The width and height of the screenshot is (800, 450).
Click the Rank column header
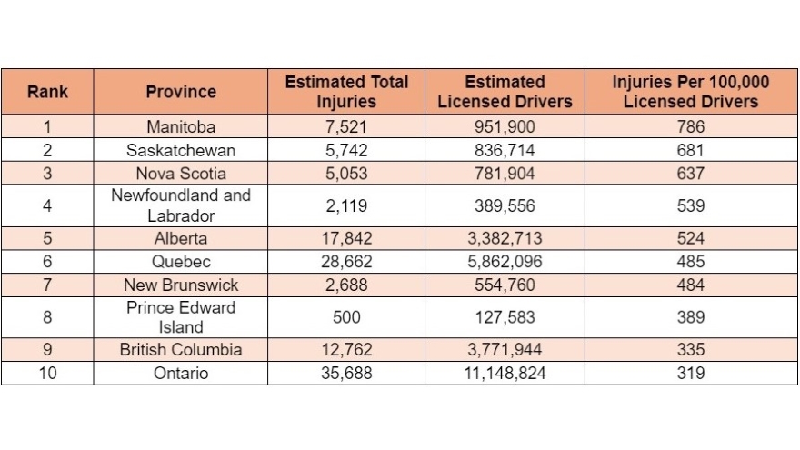tap(46, 92)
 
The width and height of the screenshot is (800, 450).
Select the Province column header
tap(180, 92)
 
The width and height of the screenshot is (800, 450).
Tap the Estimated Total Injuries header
tap(346, 92)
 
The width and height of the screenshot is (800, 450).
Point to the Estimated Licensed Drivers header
tap(505, 92)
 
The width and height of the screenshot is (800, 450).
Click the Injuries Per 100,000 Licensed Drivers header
tap(690, 92)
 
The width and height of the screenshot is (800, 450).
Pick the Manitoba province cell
tap(180, 127)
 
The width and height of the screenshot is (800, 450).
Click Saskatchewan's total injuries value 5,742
tap(346, 150)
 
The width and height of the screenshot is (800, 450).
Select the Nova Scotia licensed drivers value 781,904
tap(505, 173)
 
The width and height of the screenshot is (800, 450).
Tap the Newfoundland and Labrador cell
tap(180, 206)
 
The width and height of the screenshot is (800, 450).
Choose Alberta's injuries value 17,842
tap(346, 239)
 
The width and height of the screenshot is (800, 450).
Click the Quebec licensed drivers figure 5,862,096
tap(505, 262)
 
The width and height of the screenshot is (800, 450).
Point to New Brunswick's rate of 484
tap(690, 285)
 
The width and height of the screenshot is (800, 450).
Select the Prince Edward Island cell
tap(180, 317)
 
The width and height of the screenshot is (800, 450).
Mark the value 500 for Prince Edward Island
tap(346, 317)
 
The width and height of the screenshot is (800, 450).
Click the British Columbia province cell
tap(180, 350)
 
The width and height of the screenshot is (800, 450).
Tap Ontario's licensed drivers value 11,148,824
tap(505, 373)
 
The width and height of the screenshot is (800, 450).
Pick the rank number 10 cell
tap(46, 373)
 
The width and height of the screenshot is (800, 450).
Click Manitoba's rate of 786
tap(690, 127)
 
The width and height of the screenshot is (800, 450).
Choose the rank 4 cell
tap(46, 206)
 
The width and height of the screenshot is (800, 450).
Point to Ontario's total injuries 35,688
tap(346, 373)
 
